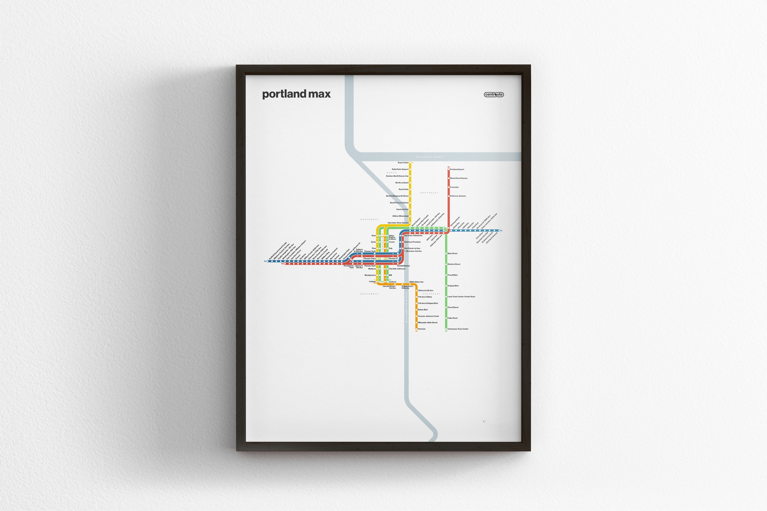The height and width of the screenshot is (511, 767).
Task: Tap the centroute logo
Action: (494, 94)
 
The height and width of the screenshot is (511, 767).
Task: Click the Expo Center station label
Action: (403, 163)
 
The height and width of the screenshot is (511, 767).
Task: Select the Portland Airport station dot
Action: (449, 169)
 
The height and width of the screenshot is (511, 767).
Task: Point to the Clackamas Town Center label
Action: (458, 329)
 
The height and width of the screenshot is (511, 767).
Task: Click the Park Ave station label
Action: (422, 329)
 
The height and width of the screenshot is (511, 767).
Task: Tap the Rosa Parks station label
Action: (403, 189)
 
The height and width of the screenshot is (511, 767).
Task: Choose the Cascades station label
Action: (454, 187)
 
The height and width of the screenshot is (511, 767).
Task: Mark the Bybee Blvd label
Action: (423, 310)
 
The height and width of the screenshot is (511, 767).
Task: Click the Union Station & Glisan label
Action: (392, 237)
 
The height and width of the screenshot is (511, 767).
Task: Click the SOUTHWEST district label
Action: (370, 294)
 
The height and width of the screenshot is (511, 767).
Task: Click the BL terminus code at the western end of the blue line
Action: (265, 261)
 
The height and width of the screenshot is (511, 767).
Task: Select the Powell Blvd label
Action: (452, 275)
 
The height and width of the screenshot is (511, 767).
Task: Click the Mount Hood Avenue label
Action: (458, 178)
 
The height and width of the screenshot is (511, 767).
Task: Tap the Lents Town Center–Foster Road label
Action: (461, 297)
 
